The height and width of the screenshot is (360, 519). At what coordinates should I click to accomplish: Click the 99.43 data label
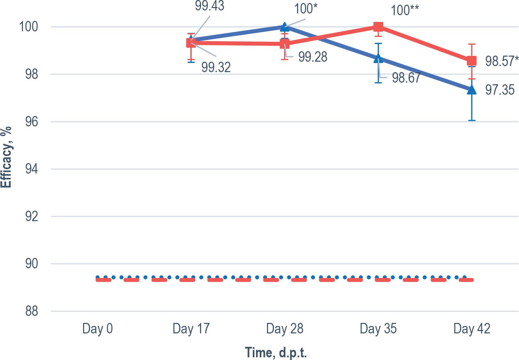[209, 6]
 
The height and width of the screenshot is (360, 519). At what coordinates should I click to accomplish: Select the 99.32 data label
[216, 67]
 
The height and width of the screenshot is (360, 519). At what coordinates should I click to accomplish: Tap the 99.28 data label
[313, 57]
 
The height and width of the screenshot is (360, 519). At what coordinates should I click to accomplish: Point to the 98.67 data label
[406, 78]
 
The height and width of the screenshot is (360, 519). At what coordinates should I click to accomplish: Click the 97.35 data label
[500, 90]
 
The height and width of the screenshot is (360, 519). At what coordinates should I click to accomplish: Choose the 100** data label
[405, 10]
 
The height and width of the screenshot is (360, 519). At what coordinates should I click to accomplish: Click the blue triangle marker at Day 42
[472, 89]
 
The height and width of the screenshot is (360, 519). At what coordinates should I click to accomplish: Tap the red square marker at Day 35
[378, 27]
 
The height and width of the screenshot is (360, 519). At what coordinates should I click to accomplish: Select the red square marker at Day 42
[472, 61]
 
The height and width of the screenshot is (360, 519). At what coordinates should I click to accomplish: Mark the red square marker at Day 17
[191, 43]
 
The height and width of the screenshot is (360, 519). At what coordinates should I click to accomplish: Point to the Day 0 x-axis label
[97, 329]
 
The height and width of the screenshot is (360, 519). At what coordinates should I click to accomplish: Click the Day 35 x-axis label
[378, 329]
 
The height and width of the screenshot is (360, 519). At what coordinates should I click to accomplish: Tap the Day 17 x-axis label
[191, 329]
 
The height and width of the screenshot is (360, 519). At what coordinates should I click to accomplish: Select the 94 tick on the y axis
[32, 169]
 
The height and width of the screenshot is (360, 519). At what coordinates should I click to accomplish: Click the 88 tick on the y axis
[32, 311]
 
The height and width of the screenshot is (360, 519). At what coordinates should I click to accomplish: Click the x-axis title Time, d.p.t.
[276, 352]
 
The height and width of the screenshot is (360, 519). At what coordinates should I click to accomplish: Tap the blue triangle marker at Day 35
[378, 58]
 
